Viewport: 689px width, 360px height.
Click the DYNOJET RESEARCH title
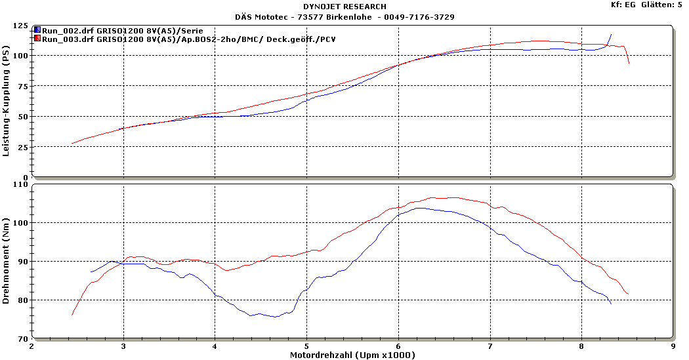[344, 7]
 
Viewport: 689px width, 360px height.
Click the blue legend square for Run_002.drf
[38, 30]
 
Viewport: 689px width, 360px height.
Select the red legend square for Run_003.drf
[38, 39]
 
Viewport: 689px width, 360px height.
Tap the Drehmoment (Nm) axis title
[7, 262]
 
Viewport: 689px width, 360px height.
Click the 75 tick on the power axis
[23, 87]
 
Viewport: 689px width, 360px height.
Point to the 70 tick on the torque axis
[23, 338]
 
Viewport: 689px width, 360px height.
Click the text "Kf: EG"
[624, 5]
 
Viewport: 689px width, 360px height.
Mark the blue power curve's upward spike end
[611, 35]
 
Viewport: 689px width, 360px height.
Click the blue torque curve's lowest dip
[276, 317]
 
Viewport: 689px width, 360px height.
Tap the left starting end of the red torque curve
[72, 315]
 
